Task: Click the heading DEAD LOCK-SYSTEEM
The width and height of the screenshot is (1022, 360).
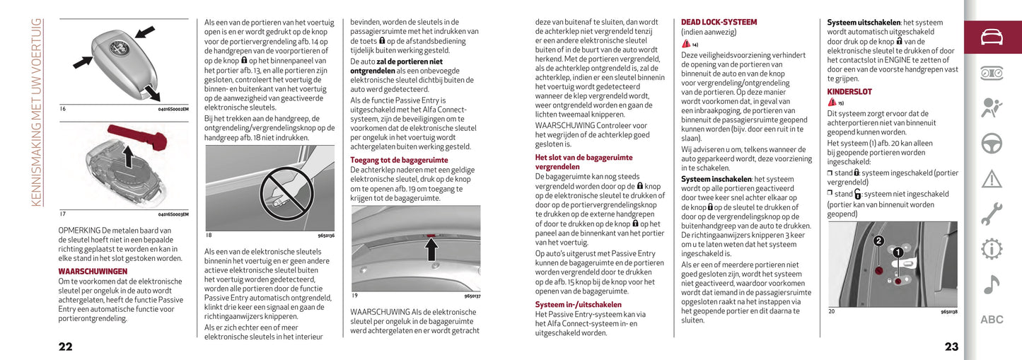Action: click(719, 23)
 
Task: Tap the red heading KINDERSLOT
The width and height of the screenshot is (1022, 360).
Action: click(849, 92)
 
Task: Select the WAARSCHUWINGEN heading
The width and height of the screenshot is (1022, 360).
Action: click(93, 271)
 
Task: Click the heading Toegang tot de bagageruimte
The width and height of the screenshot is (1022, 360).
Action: click(399, 160)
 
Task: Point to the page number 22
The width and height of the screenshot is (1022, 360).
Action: click(65, 346)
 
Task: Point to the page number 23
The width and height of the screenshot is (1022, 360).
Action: click(951, 346)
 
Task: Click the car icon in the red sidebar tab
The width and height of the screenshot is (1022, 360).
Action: click(992, 37)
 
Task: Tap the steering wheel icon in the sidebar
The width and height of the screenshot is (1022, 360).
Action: click(992, 143)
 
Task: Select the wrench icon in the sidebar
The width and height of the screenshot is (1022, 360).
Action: click(992, 213)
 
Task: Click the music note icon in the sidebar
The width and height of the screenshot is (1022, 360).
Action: click(992, 284)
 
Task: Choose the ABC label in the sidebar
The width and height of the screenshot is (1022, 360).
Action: click(992, 320)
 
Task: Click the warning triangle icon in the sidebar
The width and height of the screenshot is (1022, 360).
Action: click(992, 178)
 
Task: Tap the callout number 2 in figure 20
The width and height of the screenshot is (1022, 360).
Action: click(878, 240)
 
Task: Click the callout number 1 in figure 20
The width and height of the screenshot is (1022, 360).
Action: click(897, 252)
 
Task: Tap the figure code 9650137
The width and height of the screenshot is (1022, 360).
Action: click(472, 296)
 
